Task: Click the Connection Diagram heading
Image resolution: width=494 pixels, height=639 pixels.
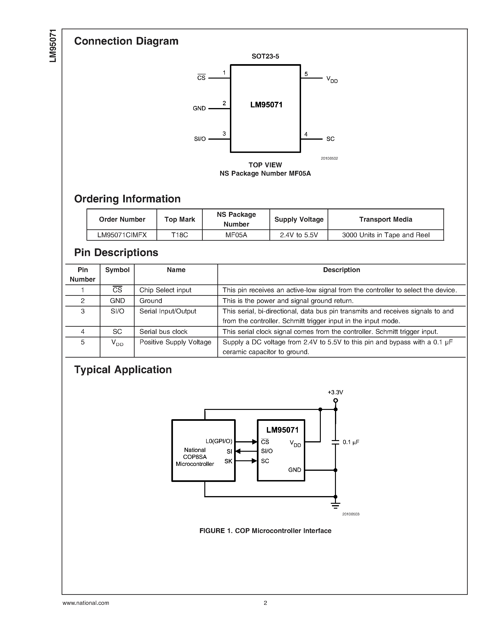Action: pos(126,41)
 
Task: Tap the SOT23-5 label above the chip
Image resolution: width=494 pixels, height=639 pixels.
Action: pos(265,56)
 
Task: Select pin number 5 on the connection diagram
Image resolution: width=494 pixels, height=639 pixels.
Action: pos(306,74)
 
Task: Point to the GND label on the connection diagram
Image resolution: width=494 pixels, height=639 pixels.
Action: pos(199,109)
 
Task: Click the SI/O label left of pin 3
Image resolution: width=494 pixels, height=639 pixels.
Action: pos(200,139)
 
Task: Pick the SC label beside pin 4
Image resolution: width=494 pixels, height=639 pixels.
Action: pos(330,139)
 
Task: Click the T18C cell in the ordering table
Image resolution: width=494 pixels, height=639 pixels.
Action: pos(179,235)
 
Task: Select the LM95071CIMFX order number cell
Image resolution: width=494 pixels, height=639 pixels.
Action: pos(122,235)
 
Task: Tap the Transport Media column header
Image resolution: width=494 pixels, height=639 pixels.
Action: pos(385,219)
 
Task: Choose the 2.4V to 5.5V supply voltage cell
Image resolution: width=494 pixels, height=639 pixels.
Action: pos(298,235)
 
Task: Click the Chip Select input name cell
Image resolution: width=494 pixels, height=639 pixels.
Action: pos(165,290)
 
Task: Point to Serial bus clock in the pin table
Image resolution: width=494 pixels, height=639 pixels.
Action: pos(163,332)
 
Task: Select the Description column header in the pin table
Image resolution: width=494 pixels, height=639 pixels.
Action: pos(341,270)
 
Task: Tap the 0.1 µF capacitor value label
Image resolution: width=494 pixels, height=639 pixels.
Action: pos(351,442)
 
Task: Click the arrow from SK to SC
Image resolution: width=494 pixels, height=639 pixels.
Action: pos(246,461)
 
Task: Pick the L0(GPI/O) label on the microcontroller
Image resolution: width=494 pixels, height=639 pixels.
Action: pos(219,441)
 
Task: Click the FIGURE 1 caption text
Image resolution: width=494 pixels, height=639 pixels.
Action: pos(265,531)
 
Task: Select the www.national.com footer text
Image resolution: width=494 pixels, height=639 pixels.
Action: pos(86,603)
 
